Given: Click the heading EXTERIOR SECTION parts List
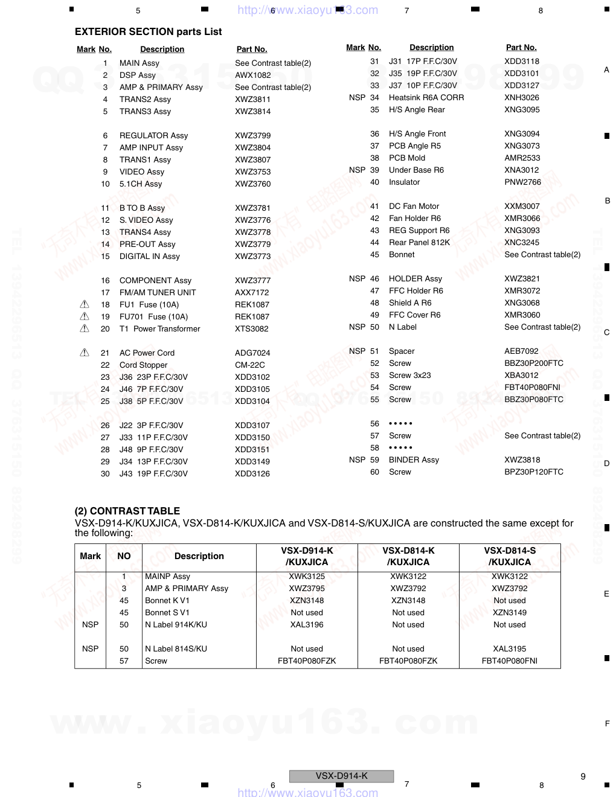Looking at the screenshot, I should point(148,31).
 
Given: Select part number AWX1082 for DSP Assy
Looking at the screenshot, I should point(252,75).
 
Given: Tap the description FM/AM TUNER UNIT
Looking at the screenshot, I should point(158,292).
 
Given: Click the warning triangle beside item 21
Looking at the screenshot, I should point(85,353).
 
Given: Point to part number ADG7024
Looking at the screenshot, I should point(252,353).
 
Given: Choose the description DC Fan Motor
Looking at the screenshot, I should point(414,206).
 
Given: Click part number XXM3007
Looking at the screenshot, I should point(522,206).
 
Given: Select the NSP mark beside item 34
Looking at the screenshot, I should point(357,97).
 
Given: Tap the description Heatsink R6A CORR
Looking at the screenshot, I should point(426,97).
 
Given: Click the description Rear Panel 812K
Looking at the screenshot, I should point(419,242).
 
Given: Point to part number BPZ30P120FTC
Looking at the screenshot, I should point(534,472).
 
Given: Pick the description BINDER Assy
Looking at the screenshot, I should point(414,459).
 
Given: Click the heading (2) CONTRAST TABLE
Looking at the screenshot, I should point(127,511).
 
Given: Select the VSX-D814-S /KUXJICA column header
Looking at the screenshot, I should point(510,556).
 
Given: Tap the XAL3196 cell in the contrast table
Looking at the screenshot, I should point(307,624).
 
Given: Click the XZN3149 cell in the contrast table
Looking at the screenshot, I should point(510,612).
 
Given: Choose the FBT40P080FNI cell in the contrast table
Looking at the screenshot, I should point(510,661).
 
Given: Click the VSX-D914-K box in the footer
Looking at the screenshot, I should point(341,776).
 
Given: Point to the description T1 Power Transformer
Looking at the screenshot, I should point(159,328).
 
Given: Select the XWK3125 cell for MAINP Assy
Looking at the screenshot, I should point(307,576).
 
